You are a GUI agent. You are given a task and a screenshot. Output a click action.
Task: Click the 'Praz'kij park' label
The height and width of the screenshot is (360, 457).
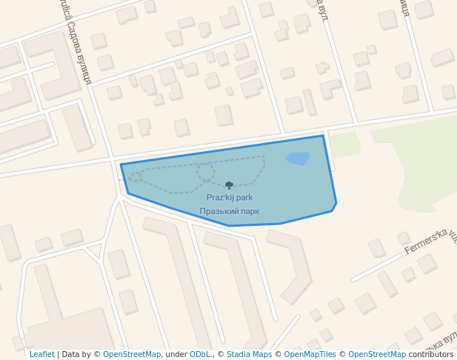click(230, 198)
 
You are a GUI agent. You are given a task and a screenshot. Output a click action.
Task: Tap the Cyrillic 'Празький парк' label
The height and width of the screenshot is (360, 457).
click(230, 211)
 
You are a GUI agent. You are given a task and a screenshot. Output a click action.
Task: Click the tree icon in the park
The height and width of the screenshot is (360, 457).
click(229, 185)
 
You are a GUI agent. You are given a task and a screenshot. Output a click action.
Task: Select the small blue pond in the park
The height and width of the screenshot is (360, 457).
click(297, 159)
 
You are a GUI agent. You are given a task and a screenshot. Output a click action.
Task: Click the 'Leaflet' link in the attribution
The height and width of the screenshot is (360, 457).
click(41, 354)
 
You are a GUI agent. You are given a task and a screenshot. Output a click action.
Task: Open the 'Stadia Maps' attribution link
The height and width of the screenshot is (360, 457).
click(249, 354)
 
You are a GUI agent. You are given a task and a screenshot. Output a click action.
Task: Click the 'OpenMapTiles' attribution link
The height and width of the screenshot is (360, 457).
click(310, 354)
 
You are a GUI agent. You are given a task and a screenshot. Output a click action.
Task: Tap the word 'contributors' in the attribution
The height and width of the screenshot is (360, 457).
click(431, 354)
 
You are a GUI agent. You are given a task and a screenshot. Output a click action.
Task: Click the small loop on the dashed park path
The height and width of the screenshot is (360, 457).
click(205, 171)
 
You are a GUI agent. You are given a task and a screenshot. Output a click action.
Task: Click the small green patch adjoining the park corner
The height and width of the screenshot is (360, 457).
click(344, 144)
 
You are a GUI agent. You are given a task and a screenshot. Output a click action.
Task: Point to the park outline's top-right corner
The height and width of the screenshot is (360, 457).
click(323, 136)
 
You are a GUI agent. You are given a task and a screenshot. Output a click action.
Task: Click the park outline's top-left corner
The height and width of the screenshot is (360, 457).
click(121, 164)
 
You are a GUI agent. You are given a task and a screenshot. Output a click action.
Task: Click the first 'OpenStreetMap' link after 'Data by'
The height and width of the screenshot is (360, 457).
click(132, 354)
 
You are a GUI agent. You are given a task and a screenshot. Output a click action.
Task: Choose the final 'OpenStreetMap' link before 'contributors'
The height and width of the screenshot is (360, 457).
click(377, 354)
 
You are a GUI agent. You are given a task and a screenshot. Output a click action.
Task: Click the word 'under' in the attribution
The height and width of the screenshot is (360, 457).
click(176, 354)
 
